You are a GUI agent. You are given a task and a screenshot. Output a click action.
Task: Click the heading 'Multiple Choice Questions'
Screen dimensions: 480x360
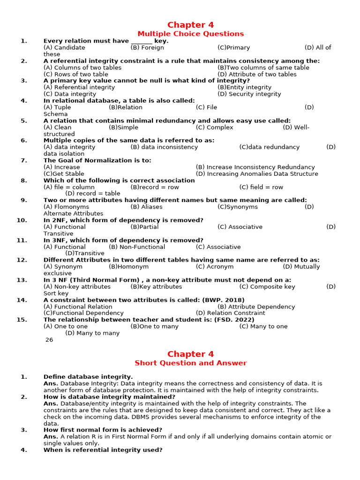click(190, 34)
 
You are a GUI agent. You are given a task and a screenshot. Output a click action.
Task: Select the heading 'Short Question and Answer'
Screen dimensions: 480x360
click(190, 363)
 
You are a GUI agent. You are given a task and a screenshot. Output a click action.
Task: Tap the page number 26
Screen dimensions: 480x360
click(49, 340)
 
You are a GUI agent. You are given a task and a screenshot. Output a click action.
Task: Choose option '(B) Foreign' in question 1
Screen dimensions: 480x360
click(147, 47)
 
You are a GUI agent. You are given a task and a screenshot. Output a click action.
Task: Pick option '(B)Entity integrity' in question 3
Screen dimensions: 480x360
click(244, 87)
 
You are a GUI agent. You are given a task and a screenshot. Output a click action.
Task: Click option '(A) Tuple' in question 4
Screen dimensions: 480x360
click(57, 107)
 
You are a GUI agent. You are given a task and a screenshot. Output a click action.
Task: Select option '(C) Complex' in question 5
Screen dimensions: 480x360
click(214, 127)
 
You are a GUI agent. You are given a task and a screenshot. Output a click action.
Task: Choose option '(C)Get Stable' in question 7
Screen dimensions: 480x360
click(64, 174)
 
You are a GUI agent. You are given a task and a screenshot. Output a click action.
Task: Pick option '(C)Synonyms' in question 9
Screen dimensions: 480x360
click(238, 207)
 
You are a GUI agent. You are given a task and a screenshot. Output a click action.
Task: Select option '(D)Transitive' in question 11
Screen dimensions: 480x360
click(85, 254)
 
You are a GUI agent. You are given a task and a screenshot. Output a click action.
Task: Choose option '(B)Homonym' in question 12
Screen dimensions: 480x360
click(128, 267)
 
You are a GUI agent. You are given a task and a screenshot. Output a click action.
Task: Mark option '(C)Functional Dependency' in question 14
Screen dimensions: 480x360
click(83, 313)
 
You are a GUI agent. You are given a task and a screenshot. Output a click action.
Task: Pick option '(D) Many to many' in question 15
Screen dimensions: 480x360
click(92, 333)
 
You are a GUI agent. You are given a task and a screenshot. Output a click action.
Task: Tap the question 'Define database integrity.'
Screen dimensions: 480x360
click(88, 376)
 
